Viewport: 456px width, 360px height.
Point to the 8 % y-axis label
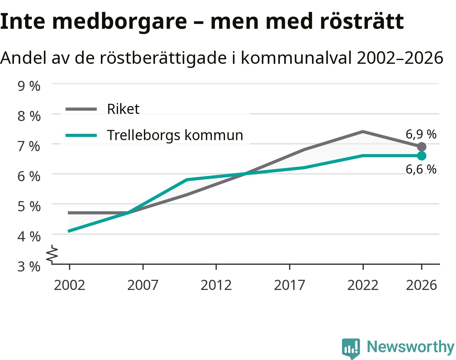(x=29, y=116)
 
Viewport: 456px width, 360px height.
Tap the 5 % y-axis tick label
(x=29, y=206)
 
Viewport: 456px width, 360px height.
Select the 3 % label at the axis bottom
(x=29, y=267)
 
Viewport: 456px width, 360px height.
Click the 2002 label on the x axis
(x=69, y=285)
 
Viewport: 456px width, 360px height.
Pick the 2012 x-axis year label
(x=216, y=285)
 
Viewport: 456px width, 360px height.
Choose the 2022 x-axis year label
(x=363, y=285)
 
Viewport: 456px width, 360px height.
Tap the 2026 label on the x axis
(x=421, y=285)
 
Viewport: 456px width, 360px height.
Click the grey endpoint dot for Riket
(x=421, y=147)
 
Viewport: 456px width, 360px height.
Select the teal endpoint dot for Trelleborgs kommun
(x=421, y=156)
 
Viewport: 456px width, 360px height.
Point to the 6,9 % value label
(x=421, y=134)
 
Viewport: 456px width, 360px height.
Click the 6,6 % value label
(x=421, y=169)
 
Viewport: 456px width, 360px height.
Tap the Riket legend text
(x=123, y=109)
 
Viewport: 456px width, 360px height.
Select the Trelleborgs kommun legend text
(x=175, y=135)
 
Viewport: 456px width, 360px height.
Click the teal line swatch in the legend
(x=81, y=135)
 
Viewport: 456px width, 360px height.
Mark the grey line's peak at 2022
(x=363, y=132)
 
